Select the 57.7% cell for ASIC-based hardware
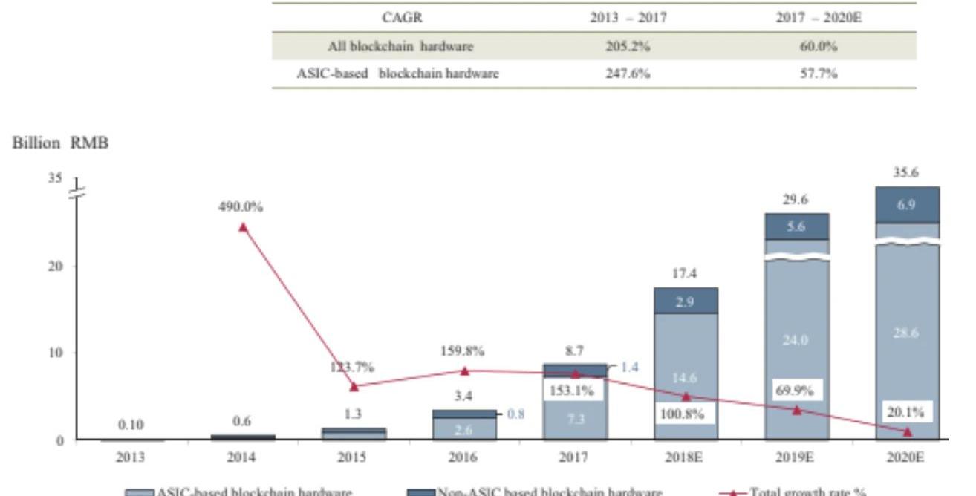tap(818, 74)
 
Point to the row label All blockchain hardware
tap(400, 47)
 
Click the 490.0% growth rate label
tap(241, 208)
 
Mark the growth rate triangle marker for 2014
tap(243, 227)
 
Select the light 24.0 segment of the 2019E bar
tap(796, 340)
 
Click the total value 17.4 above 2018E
tap(684, 274)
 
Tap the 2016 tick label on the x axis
tap(463, 457)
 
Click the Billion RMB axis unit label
tap(60, 144)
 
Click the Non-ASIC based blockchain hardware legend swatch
tap(420, 492)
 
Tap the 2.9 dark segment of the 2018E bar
tap(686, 301)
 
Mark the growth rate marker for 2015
tap(354, 386)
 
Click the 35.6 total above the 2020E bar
tap(906, 172)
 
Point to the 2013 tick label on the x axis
tap(131, 457)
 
